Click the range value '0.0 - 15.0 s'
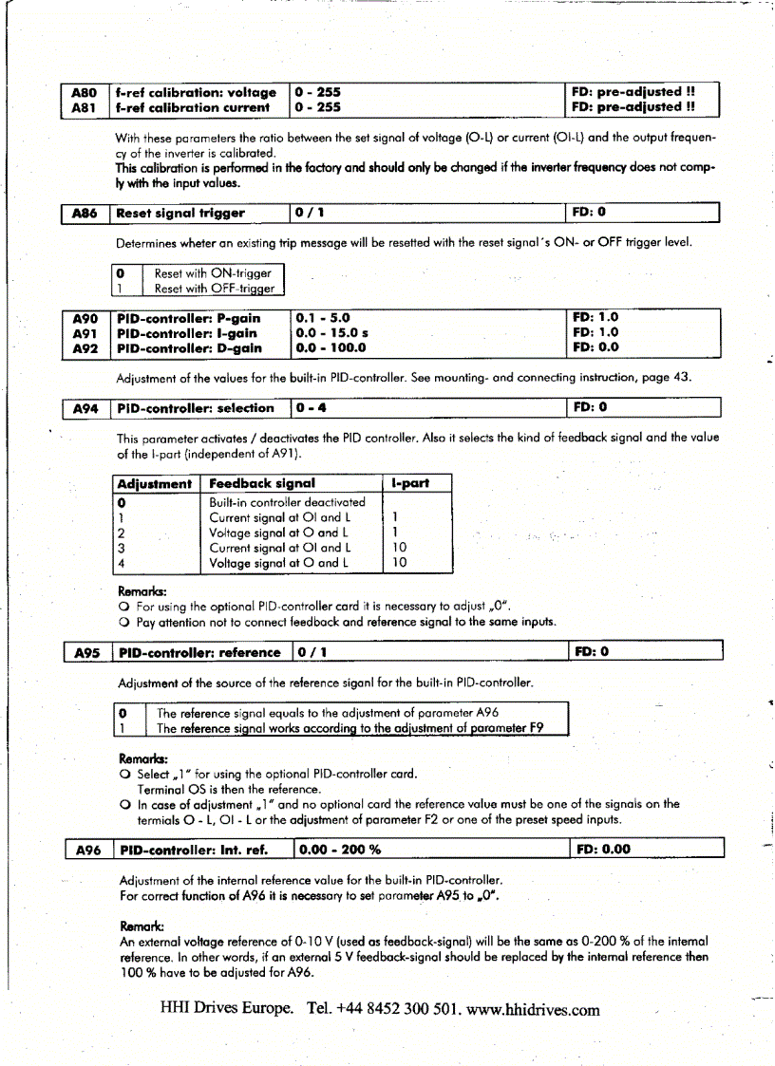334,333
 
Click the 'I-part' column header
410,483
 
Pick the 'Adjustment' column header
155,483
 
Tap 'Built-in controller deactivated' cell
287,501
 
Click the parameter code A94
85,408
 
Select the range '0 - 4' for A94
313,408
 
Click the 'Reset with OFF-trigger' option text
215,289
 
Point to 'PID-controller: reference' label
198,652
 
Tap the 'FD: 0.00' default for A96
604,849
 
